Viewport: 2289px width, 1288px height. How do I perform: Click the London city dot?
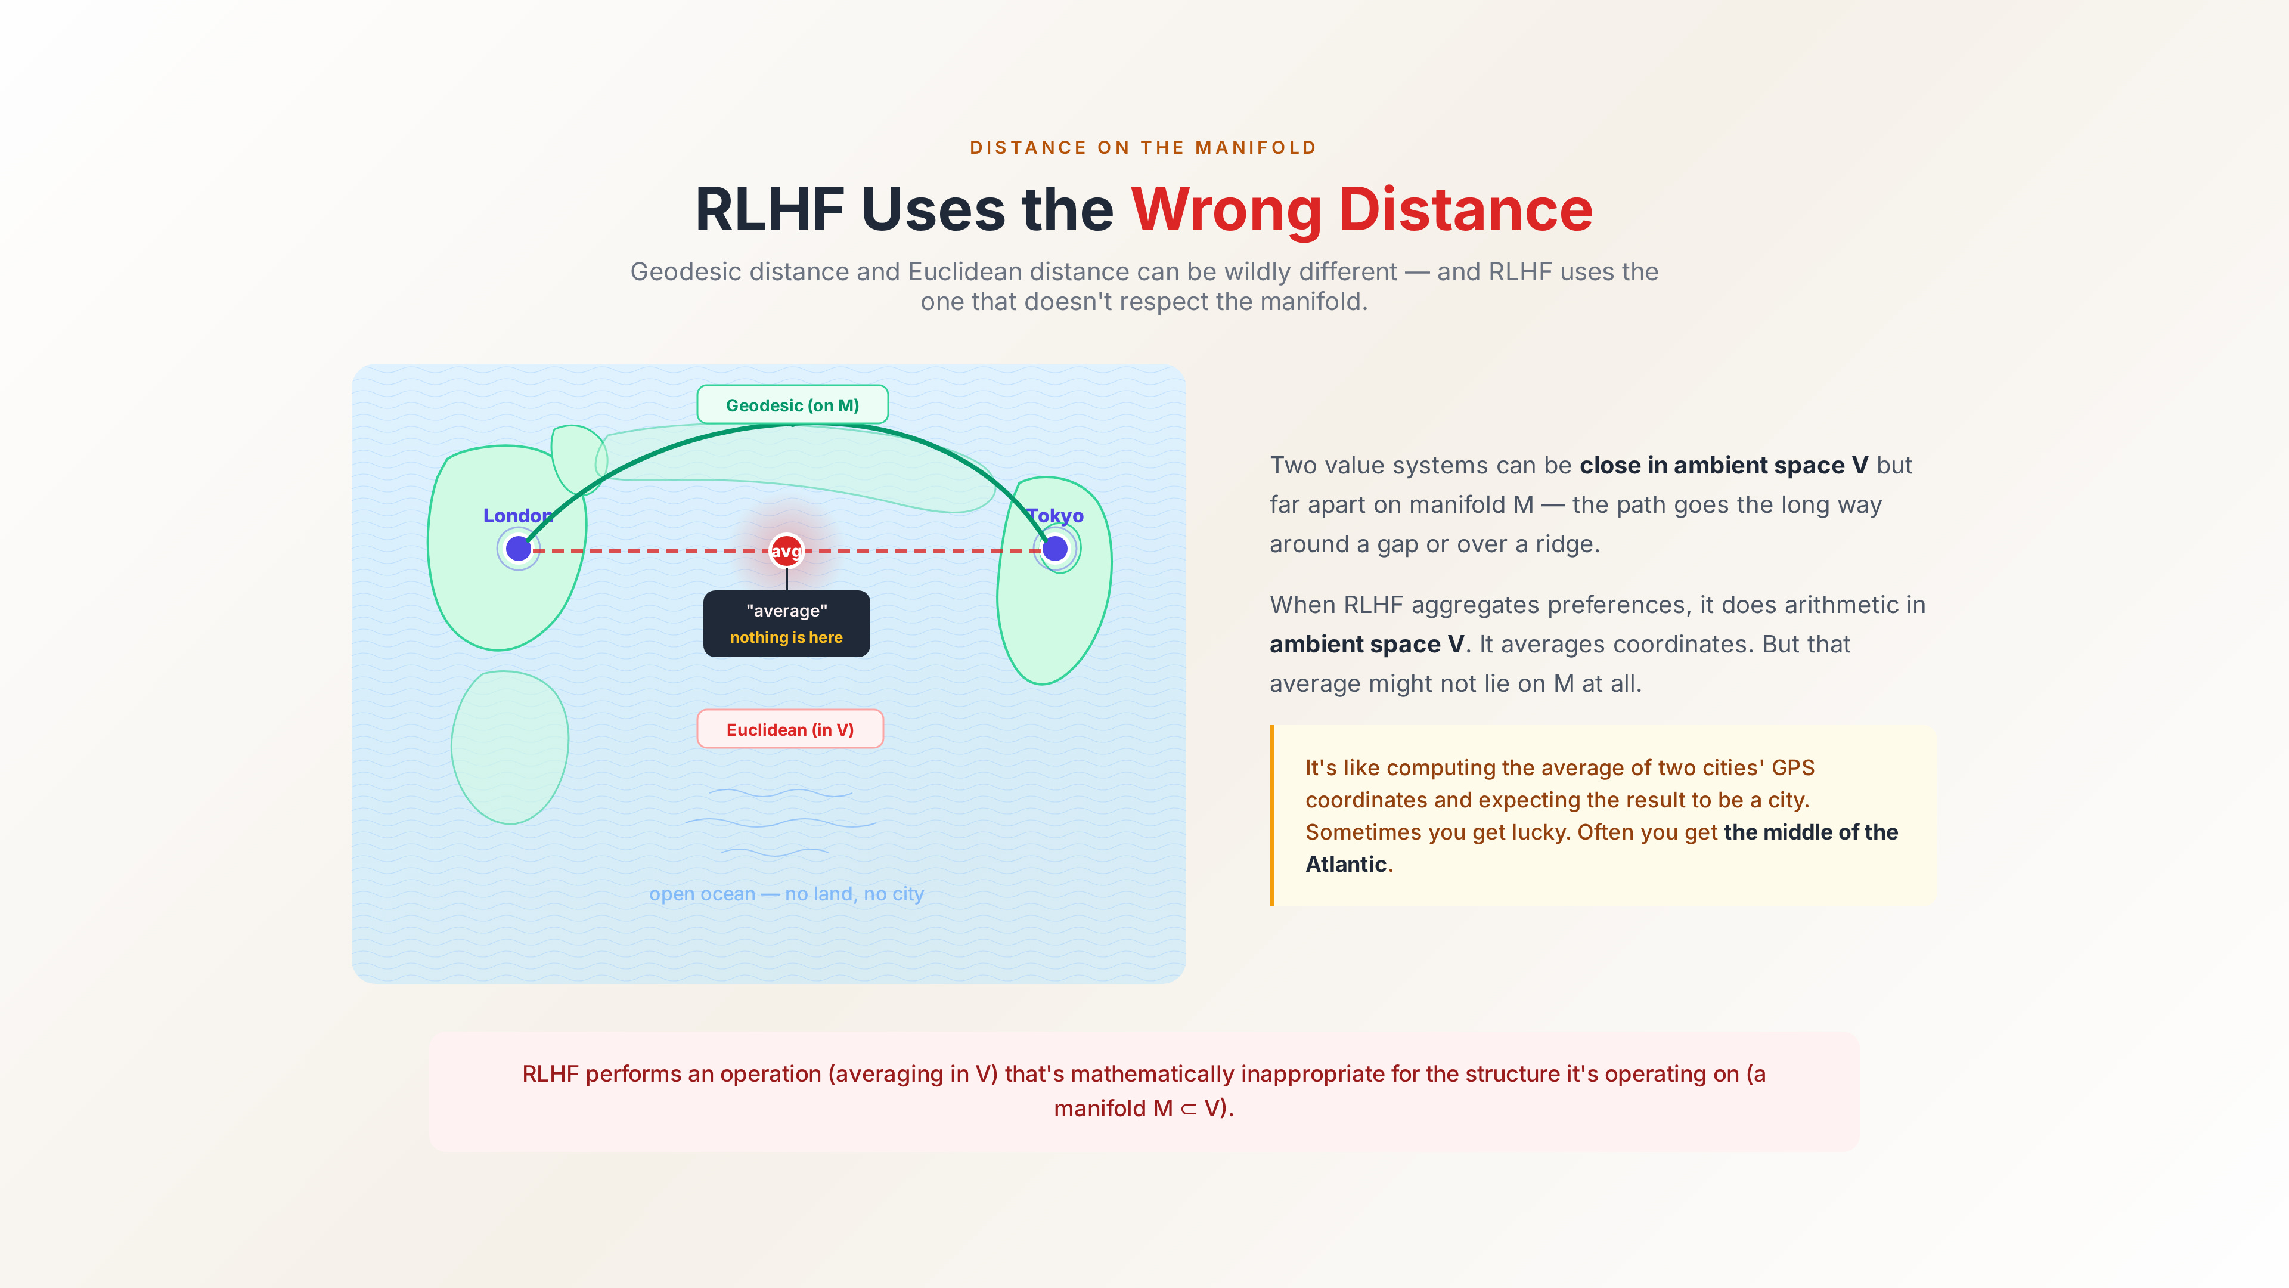(518, 549)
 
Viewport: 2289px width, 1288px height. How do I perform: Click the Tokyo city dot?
(1054, 549)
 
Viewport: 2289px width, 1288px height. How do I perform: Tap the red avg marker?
(786, 551)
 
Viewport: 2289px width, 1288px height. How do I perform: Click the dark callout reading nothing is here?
(786, 624)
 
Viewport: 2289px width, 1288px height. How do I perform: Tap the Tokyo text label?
(1056, 516)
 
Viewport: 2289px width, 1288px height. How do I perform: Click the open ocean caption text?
(786, 894)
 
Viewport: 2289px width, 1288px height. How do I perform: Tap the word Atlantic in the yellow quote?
(1345, 865)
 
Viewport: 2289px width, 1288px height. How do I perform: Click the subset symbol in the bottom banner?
(1188, 1109)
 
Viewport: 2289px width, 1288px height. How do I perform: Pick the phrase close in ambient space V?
(1723, 466)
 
